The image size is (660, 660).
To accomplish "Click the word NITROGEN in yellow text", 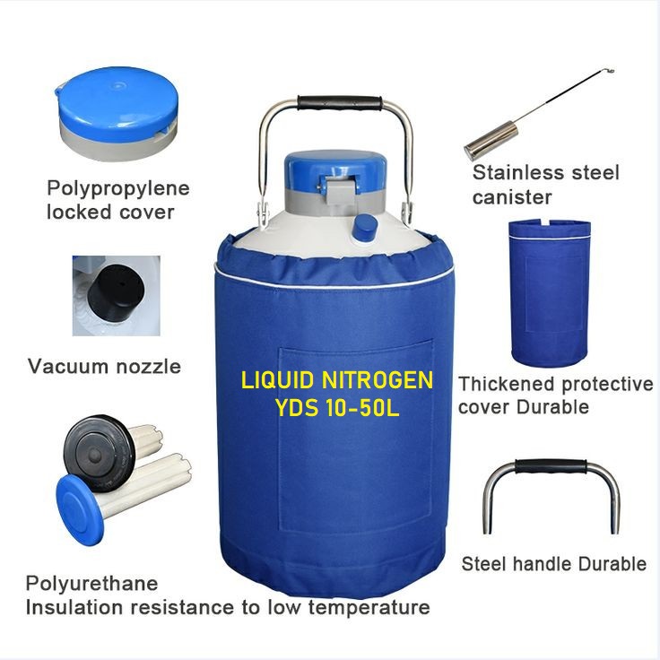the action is (378, 380).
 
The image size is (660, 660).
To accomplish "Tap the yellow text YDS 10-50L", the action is (337, 407).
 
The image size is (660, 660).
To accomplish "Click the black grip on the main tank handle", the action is (339, 103).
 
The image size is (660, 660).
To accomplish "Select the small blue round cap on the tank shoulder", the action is (365, 228).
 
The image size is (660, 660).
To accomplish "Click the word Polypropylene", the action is (118, 188).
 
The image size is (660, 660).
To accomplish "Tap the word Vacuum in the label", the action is (68, 366).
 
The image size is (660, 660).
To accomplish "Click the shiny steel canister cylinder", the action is (491, 139).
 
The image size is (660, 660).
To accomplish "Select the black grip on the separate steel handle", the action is (551, 467).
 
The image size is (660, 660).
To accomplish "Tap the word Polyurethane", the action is (91, 584).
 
